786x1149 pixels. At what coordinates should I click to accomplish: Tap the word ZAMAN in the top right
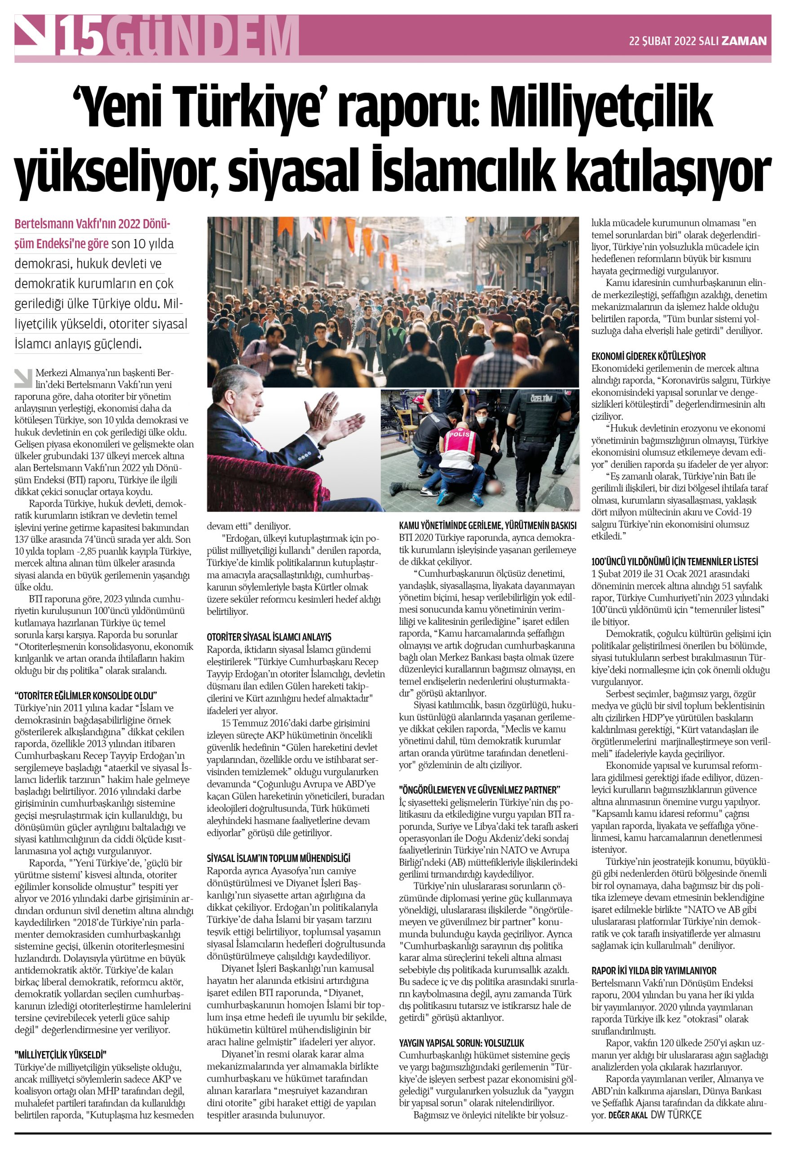[744, 41]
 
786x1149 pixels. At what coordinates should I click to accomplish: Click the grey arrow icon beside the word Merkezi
[23, 378]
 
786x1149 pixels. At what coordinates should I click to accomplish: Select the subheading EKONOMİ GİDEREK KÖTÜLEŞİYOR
[648, 356]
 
